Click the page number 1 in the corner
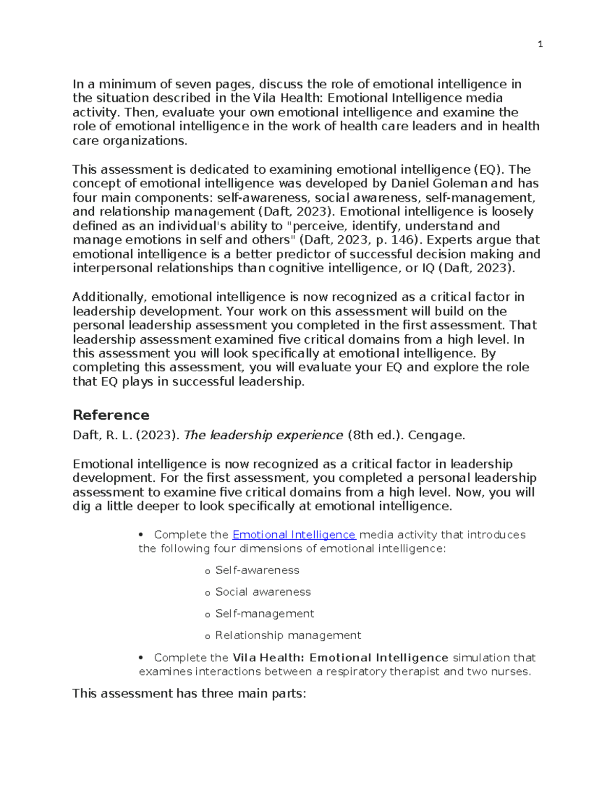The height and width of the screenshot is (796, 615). (x=540, y=45)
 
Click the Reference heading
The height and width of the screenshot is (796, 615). (x=111, y=415)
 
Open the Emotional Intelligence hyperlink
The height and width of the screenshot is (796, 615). (x=294, y=535)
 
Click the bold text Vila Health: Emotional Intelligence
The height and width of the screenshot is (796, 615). (x=340, y=658)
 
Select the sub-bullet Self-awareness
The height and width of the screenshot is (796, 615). (x=257, y=570)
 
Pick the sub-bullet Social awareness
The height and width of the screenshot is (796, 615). (x=262, y=592)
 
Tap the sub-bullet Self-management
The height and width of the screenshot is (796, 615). (x=264, y=614)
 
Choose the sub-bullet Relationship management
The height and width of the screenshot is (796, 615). (x=288, y=636)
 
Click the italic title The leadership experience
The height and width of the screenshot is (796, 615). (x=263, y=435)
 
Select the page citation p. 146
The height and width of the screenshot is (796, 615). (x=394, y=240)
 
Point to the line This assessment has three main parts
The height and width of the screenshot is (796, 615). (x=189, y=693)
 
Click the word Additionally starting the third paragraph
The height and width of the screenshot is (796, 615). (x=109, y=297)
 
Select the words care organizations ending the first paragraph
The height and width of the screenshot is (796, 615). (x=130, y=140)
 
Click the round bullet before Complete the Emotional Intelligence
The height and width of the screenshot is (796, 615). (x=140, y=535)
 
